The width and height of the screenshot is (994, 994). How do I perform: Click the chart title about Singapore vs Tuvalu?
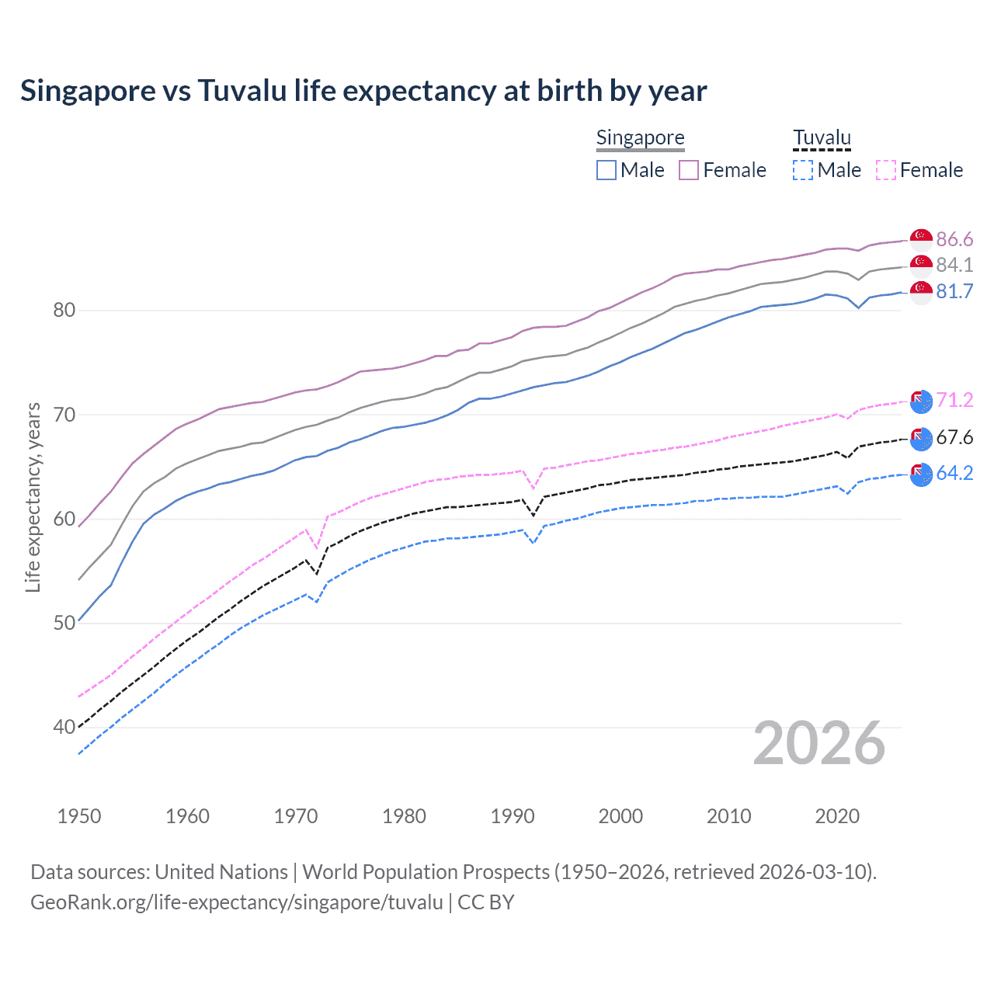click(x=363, y=91)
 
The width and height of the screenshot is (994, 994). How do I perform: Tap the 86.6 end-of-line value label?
click(x=954, y=239)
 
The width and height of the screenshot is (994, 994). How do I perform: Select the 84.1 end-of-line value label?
click(x=954, y=265)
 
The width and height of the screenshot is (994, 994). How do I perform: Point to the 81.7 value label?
click(x=954, y=291)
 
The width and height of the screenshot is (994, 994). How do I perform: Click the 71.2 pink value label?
click(x=954, y=400)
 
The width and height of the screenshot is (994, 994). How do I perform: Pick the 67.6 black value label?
click(x=954, y=437)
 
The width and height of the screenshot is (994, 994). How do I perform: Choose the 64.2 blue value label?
click(x=954, y=473)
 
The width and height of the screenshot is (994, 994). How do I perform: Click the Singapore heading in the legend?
click(x=640, y=137)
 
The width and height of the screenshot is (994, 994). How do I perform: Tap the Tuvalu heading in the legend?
click(x=822, y=137)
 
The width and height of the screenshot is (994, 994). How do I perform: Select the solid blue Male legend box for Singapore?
click(x=606, y=170)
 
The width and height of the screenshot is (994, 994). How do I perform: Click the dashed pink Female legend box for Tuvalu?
click(x=886, y=170)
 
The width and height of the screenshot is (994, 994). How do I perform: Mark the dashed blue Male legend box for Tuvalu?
click(x=803, y=170)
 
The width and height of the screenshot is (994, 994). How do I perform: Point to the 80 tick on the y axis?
click(x=64, y=311)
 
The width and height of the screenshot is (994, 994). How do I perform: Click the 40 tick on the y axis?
click(x=64, y=728)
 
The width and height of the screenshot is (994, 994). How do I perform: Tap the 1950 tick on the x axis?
click(x=79, y=816)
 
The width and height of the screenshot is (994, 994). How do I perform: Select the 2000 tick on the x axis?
click(x=620, y=816)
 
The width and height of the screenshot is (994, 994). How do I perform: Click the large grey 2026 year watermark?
click(x=818, y=743)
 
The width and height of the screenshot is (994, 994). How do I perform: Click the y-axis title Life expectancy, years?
click(x=33, y=497)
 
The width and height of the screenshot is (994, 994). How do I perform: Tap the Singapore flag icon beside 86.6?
click(x=921, y=238)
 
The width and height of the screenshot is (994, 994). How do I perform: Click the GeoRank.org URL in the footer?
click(x=236, y=902)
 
